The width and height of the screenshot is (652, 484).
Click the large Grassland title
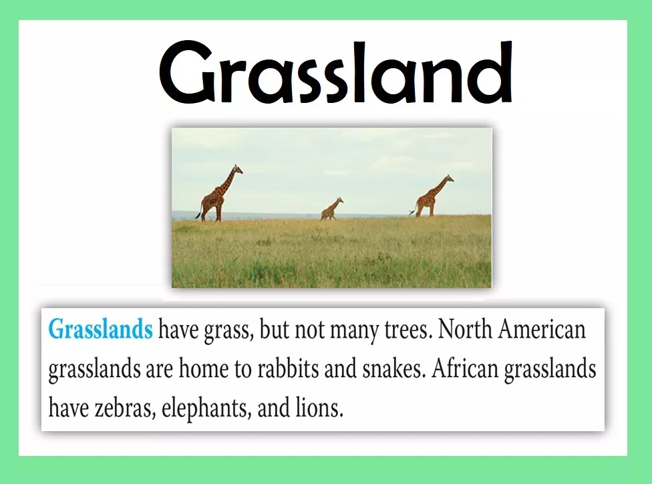point(335,72)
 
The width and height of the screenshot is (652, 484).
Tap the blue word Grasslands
point(101,329)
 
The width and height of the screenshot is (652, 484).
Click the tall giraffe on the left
point(219,193)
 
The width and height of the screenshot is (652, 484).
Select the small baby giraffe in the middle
point(332,209)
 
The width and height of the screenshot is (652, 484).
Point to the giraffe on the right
point(432,196)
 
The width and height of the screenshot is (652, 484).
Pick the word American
point(542,329)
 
